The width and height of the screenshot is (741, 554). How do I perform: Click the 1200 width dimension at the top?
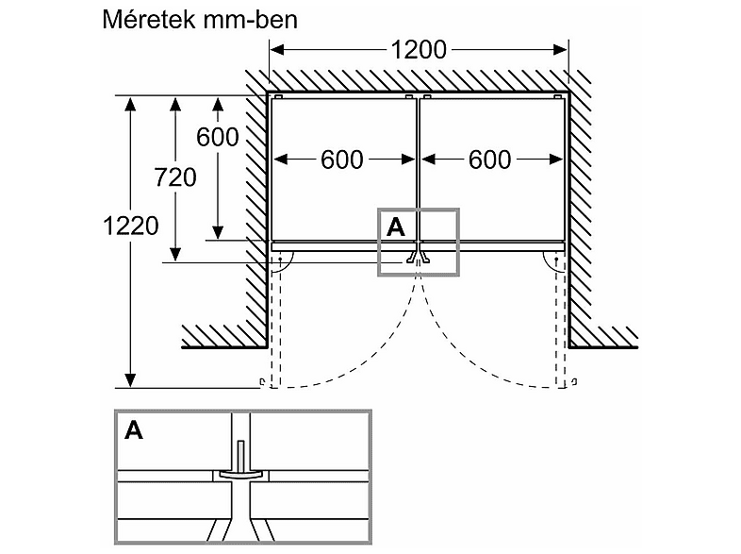click(x=419, y=50)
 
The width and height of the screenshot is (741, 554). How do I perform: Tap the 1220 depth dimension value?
click(x=131, y=227)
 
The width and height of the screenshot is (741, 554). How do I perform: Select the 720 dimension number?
click(x=175, y=177)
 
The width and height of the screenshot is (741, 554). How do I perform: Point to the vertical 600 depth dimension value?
click(x=218, y=137)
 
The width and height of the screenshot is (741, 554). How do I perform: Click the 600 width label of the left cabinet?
click(x=342, y=159)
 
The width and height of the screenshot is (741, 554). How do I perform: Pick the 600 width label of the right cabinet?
click(x=489, y=159)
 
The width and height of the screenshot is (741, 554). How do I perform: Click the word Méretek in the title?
click(x=148, y=20)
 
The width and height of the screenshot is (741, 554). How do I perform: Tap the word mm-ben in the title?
click(x=250, y=21)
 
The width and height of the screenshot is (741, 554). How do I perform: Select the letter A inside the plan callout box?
click(x=396, y=227)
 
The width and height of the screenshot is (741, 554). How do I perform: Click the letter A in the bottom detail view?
click(x=134, y=430)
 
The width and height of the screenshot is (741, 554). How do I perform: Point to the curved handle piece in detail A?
click(x=240, y=474)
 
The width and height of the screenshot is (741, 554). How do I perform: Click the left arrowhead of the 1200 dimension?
click(x=277, y=50)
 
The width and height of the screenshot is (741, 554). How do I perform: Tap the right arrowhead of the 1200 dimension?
click(x=560, y=50)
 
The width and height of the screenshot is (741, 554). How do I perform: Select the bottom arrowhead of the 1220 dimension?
click(x=130, y=380)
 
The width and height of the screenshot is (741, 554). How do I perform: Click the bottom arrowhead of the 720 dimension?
click(x=175, y=255)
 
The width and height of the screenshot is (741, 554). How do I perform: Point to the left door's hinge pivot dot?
click(x=280, y=260)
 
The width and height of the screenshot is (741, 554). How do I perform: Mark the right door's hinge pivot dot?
click(x=557, y=260)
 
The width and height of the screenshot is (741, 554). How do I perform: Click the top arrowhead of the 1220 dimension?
click(x=130, y=103)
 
